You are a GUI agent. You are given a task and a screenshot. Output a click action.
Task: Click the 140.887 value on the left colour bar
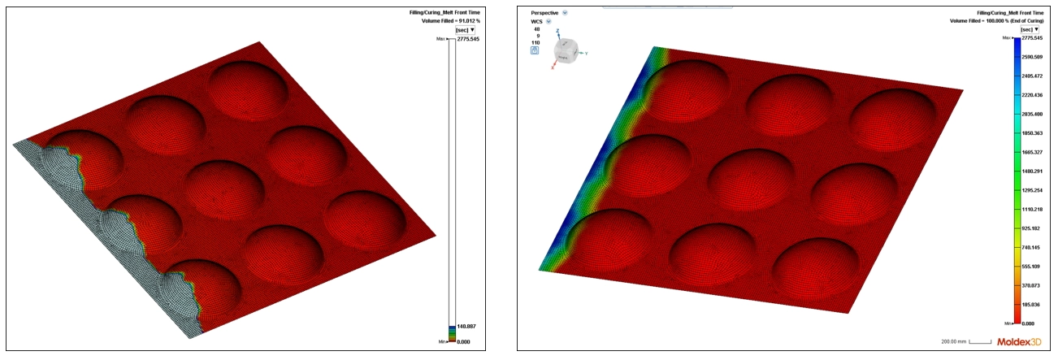tap(466, 326)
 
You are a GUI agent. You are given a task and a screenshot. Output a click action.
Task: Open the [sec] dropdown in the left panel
tap(466, 29)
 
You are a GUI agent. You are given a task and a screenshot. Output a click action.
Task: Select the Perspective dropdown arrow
tap(565, 13)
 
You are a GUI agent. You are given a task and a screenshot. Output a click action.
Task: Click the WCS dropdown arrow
tap(549, 21)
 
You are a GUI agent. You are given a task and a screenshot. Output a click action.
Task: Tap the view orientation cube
tap(567, 53)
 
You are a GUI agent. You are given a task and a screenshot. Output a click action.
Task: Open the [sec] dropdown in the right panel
tap(1032, 29)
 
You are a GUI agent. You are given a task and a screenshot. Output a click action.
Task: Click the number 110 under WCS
tap(535, 42)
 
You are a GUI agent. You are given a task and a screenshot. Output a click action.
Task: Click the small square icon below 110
tap(535, 50)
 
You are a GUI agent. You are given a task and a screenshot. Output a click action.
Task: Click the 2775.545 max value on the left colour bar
tap(467, 39)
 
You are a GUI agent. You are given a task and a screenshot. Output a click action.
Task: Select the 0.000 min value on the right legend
tap(1028, 323)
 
